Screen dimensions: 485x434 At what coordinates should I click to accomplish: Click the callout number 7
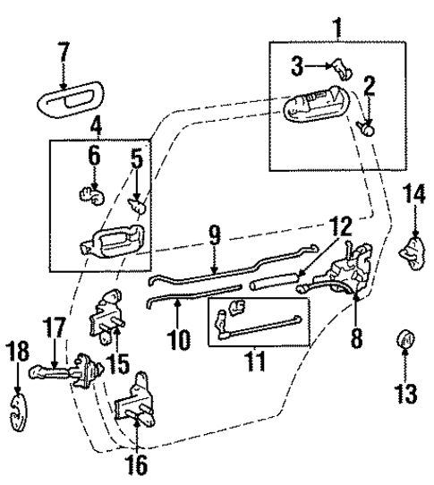click(63, 52)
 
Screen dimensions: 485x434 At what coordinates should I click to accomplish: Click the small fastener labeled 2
click(367, 128)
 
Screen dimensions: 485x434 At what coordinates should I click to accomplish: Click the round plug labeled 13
click(404, 341)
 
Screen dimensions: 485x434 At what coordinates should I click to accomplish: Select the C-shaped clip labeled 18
click(17, 416)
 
